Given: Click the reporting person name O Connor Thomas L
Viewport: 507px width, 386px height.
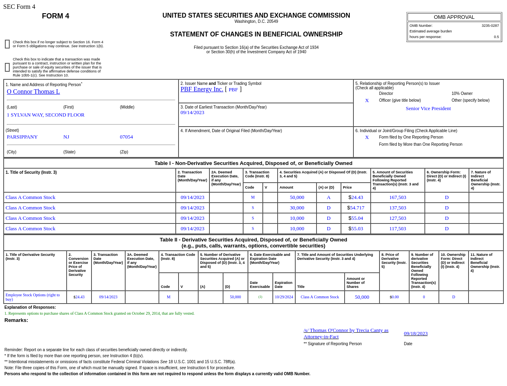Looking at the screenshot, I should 33,92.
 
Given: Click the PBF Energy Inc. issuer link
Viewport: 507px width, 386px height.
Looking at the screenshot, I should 202,89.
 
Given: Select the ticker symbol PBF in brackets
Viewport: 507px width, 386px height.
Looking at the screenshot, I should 233,90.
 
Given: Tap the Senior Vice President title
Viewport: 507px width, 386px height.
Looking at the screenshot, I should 428,109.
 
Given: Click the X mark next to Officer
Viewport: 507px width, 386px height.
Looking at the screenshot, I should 367,101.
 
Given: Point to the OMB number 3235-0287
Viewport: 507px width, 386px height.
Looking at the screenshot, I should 490,26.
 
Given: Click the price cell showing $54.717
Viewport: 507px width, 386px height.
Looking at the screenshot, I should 356,208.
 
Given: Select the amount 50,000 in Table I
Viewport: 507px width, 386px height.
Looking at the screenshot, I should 297,197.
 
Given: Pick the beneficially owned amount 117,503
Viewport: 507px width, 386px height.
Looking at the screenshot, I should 397,229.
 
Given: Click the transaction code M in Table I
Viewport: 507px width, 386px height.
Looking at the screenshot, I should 253,197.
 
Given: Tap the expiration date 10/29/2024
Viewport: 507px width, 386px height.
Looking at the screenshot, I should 284,297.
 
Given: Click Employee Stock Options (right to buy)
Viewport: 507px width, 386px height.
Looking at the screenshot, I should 32,297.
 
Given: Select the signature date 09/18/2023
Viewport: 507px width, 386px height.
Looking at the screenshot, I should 416,334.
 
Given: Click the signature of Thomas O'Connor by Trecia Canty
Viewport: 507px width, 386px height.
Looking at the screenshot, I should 346,334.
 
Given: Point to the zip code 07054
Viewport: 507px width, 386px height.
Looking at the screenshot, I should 126,137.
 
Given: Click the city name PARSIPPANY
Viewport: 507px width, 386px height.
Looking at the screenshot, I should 22,137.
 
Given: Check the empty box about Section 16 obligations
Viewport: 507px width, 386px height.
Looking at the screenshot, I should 7,44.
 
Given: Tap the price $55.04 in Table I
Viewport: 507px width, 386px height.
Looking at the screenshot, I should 356,218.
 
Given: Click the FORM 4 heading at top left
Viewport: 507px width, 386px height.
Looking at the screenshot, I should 55,16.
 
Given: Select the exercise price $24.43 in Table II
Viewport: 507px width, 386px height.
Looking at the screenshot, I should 79,297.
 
